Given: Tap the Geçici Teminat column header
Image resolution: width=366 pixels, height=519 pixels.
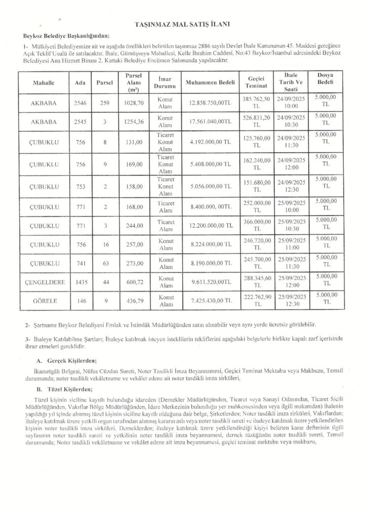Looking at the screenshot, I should pos(260,82).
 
